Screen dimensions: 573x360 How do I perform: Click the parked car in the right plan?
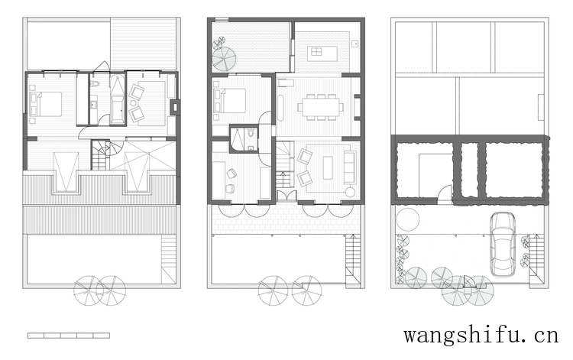(503, 244)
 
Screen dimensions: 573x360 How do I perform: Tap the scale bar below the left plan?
(68, 335)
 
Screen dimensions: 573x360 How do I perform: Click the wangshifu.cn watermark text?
(481, 335)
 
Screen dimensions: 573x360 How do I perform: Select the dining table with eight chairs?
(320, 107)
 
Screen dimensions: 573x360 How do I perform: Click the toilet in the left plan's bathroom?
(95, 84)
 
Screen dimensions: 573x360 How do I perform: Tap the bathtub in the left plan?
(118, 99)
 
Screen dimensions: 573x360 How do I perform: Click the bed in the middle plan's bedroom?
(230, 100)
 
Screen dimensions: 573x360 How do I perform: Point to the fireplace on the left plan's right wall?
(175, 107)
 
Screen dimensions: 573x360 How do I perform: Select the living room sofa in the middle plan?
(350, 167)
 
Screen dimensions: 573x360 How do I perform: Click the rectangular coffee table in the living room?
(329, 167)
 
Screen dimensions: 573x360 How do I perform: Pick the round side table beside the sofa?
(350, 193)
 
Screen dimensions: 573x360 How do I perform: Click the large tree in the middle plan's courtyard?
(224, 59)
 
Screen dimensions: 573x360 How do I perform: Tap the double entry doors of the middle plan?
(286, 195)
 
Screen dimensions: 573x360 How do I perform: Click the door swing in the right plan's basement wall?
(445, 192)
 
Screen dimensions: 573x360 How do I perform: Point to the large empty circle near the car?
(407, 219)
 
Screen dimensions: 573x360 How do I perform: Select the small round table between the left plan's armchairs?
(134, 103)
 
